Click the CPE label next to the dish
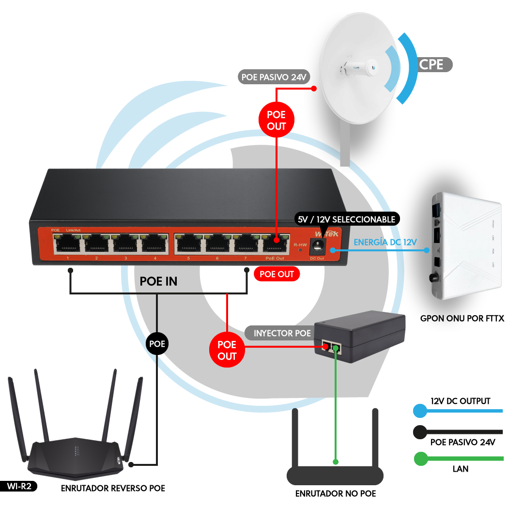tap(431, 64)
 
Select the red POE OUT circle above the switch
tap(277, 121)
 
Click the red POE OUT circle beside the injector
tap(227, 350)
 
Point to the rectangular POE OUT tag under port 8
tap(277, 274)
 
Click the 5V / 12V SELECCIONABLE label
tap(346, 219)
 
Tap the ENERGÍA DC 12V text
tap(385, 242)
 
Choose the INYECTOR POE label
tap(282, 333)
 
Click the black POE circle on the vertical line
tap(157, 344)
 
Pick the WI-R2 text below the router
tap(19, 486)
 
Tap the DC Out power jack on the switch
tap(318, 246)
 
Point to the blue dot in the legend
tap(420, 411)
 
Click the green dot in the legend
tap(421, 459)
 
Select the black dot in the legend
tap(420, 432)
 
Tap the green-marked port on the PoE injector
tap(335, 347)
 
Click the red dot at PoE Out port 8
tap(277, 239)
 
